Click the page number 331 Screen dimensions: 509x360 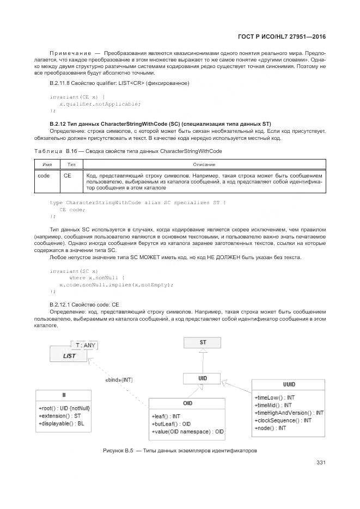tap(321, 463)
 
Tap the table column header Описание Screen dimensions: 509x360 tap(204, 164)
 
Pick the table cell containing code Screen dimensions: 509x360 tap(44, 176)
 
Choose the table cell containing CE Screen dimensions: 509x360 tap(68, 176)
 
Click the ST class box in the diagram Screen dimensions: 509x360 tap(203, 342)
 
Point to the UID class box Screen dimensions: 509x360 tap(202, 378)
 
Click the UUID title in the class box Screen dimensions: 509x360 tap(289, 384)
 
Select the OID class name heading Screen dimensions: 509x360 tap(187, 404)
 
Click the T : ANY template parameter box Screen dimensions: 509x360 tap(86, 345)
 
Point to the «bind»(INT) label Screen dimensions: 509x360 tap(119, 379)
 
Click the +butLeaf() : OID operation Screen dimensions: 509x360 tap(171, 424)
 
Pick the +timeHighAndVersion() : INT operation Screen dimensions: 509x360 tap(289, 413)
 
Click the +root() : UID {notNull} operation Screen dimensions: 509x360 tap(64, 408)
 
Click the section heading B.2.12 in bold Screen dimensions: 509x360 tap(160, 124)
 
